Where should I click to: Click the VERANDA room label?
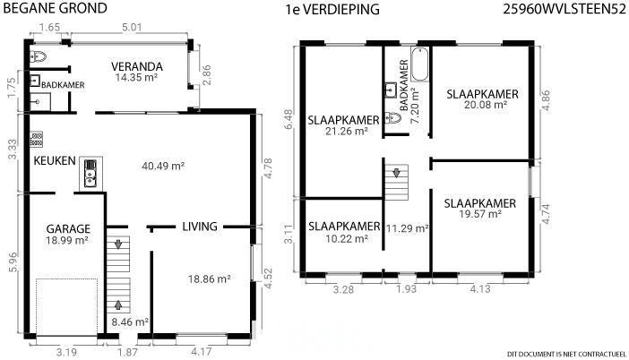137,66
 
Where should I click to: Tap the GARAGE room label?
68,229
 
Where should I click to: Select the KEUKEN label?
55,161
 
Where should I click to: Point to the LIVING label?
200,227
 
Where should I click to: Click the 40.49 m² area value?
163,166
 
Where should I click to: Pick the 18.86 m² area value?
210,279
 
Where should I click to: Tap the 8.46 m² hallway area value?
131,321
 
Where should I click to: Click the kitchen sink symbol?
90,174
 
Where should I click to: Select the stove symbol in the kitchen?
36,139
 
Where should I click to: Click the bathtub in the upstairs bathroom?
420,64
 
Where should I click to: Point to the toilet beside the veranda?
39,57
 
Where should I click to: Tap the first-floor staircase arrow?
396,173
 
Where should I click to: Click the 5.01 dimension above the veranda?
132,28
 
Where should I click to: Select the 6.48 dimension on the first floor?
289,119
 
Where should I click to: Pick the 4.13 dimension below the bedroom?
479,288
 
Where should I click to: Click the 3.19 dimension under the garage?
66,352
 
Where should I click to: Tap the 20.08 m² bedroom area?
486,105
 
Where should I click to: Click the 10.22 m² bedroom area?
347,239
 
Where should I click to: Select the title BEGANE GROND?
55,8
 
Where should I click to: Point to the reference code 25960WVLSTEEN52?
564,9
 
